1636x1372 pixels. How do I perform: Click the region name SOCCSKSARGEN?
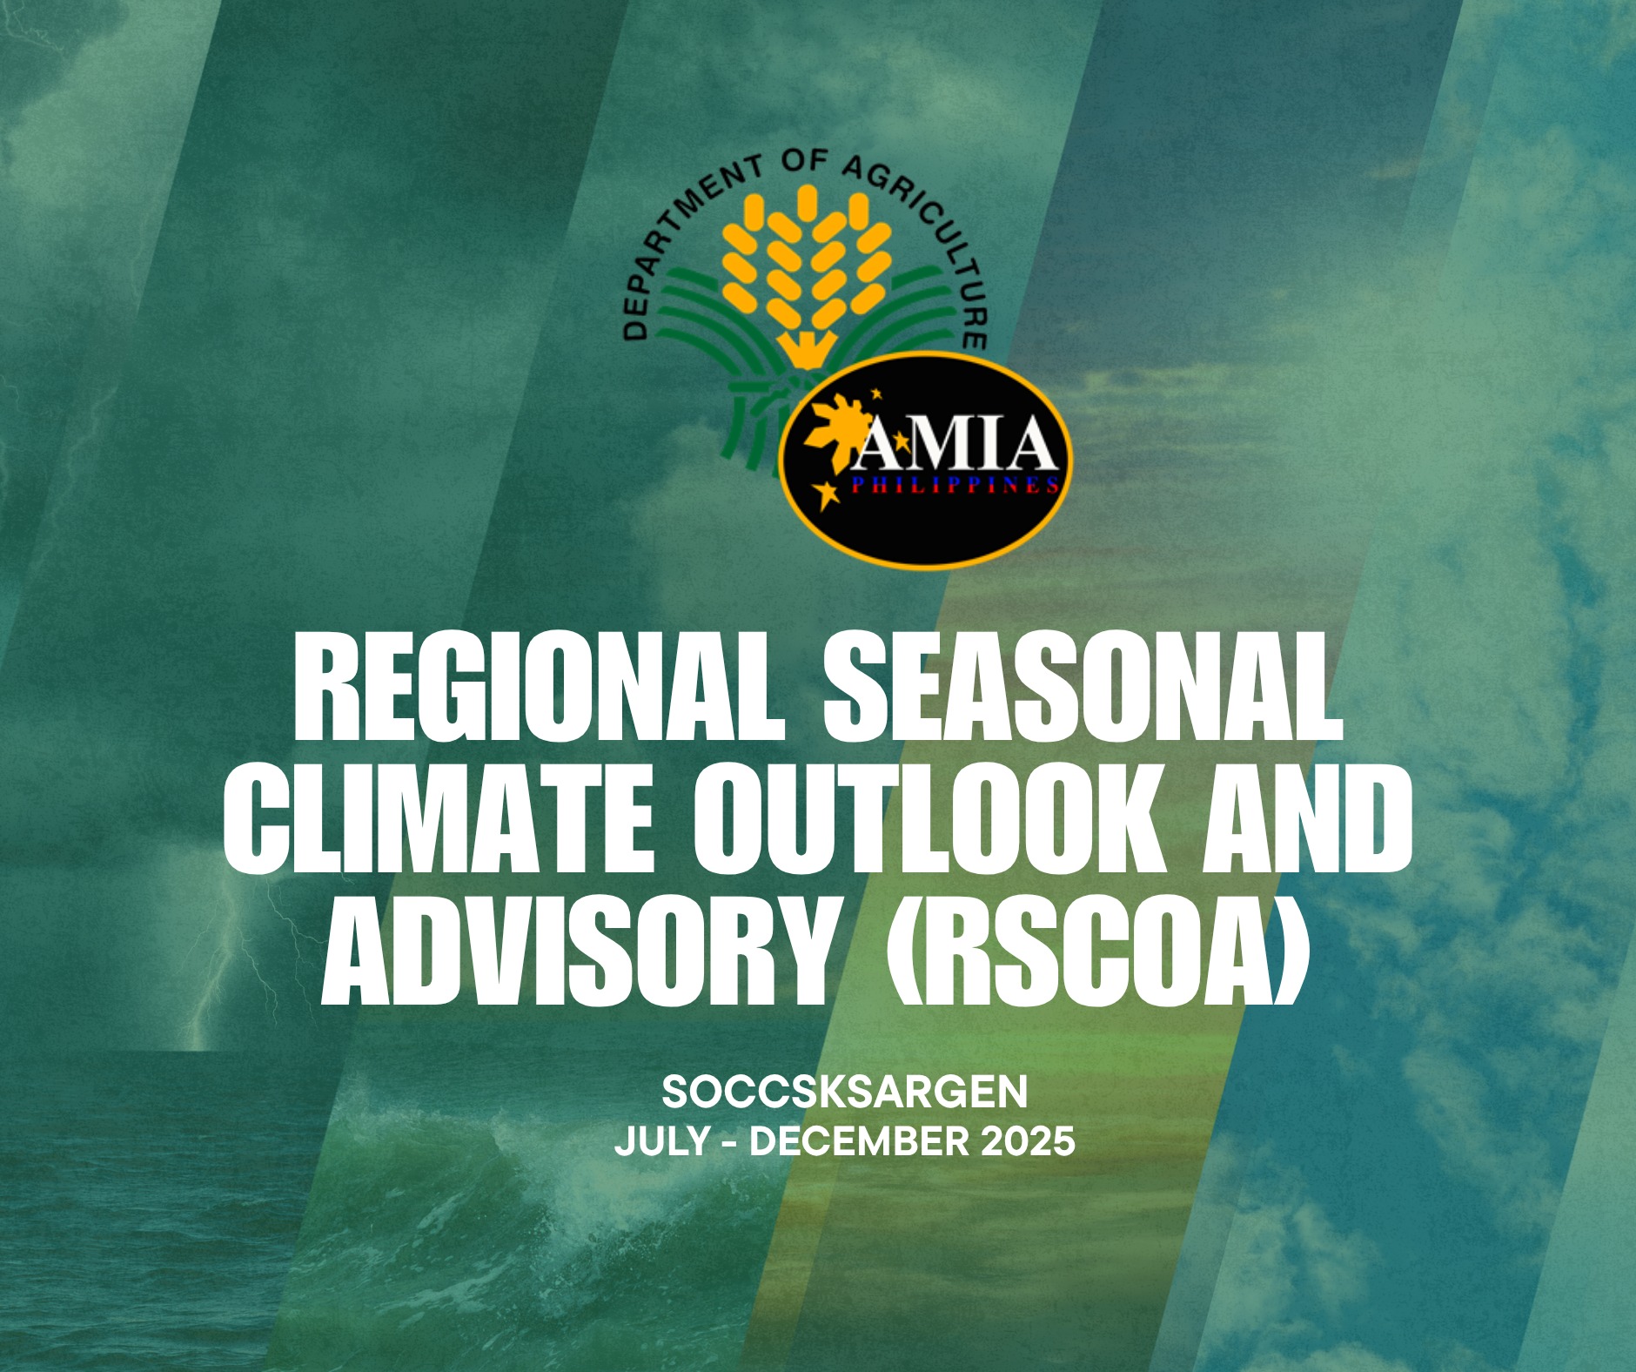845,1093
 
